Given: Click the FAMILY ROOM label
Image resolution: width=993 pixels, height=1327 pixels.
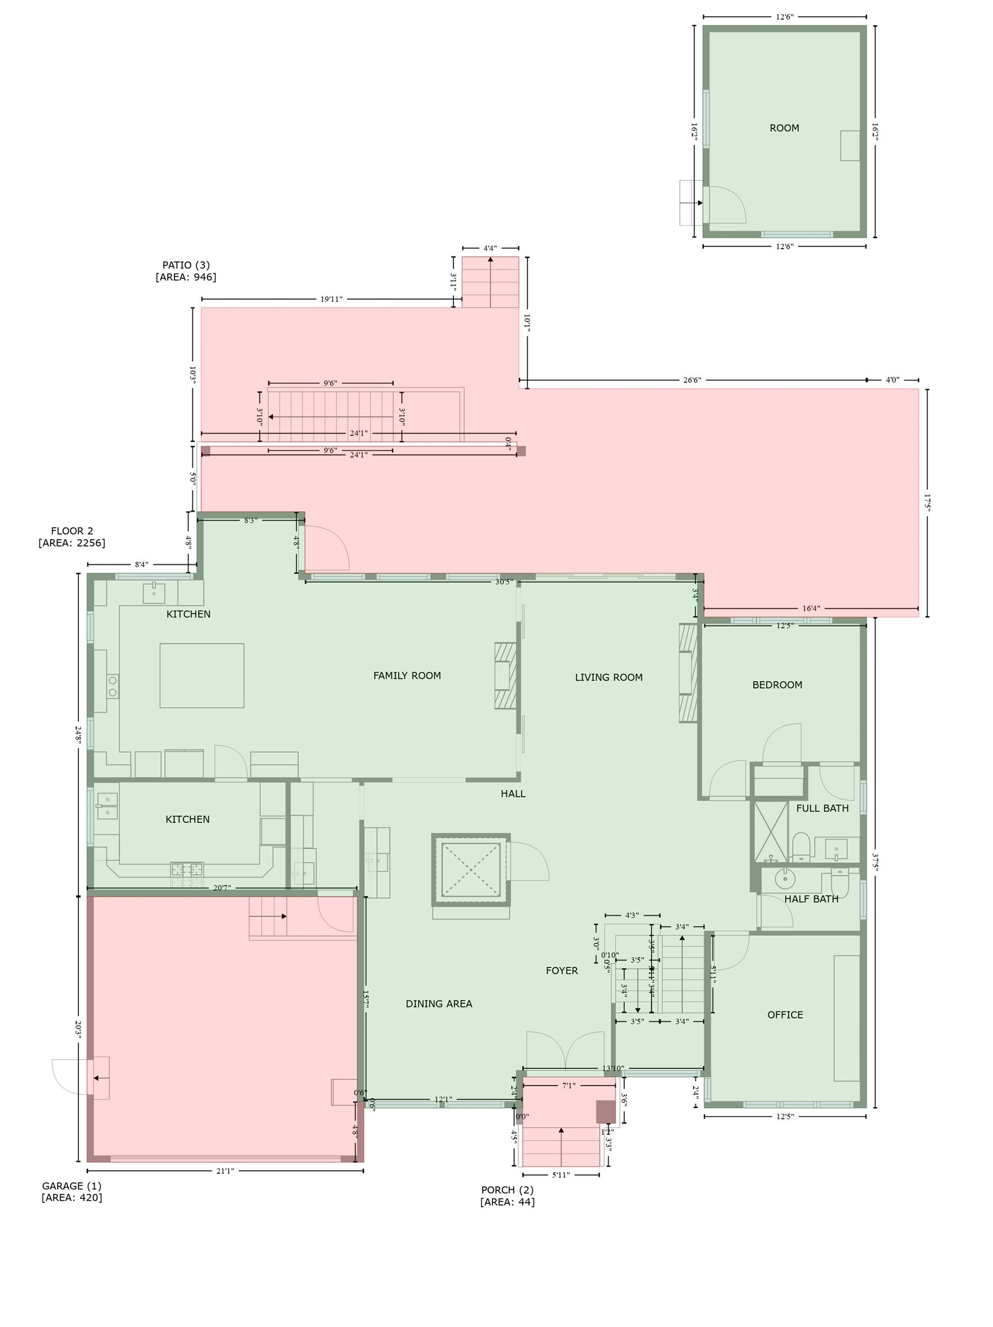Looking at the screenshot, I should click(407, 676).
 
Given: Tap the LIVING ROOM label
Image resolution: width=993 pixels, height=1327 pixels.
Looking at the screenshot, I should click(608, 677).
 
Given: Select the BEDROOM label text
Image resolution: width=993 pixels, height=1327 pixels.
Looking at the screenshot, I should click(777, 684).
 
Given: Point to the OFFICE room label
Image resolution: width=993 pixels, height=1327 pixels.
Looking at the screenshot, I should click(785, 1014).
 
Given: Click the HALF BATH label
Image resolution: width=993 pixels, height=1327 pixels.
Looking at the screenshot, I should click(811, 898).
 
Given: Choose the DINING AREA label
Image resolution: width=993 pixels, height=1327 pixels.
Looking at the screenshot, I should click(438, 1004).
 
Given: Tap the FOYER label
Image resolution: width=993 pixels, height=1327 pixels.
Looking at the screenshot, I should click(562, 970).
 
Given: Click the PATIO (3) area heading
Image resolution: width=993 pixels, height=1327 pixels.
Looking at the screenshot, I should click(186, 265).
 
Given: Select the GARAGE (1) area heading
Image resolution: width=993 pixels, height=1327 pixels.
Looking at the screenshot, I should click(71, 1186).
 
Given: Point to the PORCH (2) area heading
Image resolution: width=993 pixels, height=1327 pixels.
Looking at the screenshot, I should click(507, 1189).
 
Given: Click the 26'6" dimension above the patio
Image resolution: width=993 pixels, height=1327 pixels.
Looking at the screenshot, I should click(692, 380).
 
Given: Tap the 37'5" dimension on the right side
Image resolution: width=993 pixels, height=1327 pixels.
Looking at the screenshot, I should click(875, 861).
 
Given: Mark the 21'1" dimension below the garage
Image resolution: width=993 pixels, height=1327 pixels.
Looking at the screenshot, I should click(225, 1170).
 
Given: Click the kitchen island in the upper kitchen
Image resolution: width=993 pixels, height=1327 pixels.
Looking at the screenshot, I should click(202, 676).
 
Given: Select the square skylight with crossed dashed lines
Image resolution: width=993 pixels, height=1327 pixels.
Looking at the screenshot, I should click(471, 869).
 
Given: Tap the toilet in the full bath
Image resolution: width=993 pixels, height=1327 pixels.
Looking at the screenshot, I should click(801, 847).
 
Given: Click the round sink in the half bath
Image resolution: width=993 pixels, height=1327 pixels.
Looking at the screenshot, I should click(785, 879).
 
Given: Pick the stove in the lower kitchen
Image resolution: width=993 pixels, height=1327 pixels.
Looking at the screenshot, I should click(187, 869).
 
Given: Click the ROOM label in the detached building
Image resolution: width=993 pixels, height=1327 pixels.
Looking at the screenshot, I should click(784, 128).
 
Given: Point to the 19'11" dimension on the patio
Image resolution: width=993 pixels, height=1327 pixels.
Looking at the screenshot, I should click(331, 299).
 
